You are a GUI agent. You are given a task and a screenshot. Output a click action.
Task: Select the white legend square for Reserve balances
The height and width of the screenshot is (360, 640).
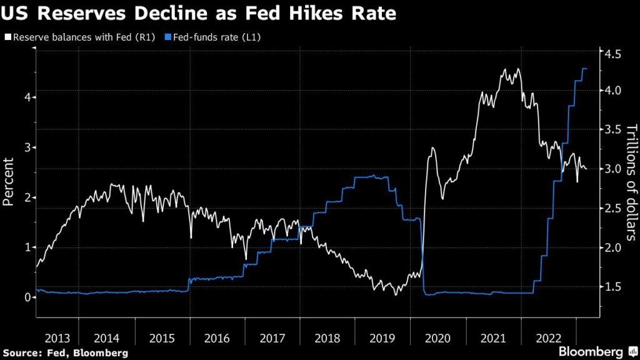click(7, 37)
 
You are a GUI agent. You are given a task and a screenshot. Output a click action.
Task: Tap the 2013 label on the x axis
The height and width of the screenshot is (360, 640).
click(58, 338)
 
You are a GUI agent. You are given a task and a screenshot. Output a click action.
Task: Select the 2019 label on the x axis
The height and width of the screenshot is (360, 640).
click(382, 338)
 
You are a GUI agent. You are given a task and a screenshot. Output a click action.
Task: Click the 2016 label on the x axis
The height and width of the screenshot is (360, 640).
click(217, 338)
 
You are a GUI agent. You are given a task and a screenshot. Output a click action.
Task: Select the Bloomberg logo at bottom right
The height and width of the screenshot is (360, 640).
click(596, 351)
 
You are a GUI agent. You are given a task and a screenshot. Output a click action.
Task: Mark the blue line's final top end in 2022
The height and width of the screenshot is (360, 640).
click(586, 69)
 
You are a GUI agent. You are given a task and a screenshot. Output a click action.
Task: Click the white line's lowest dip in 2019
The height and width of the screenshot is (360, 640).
click(395, 294)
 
